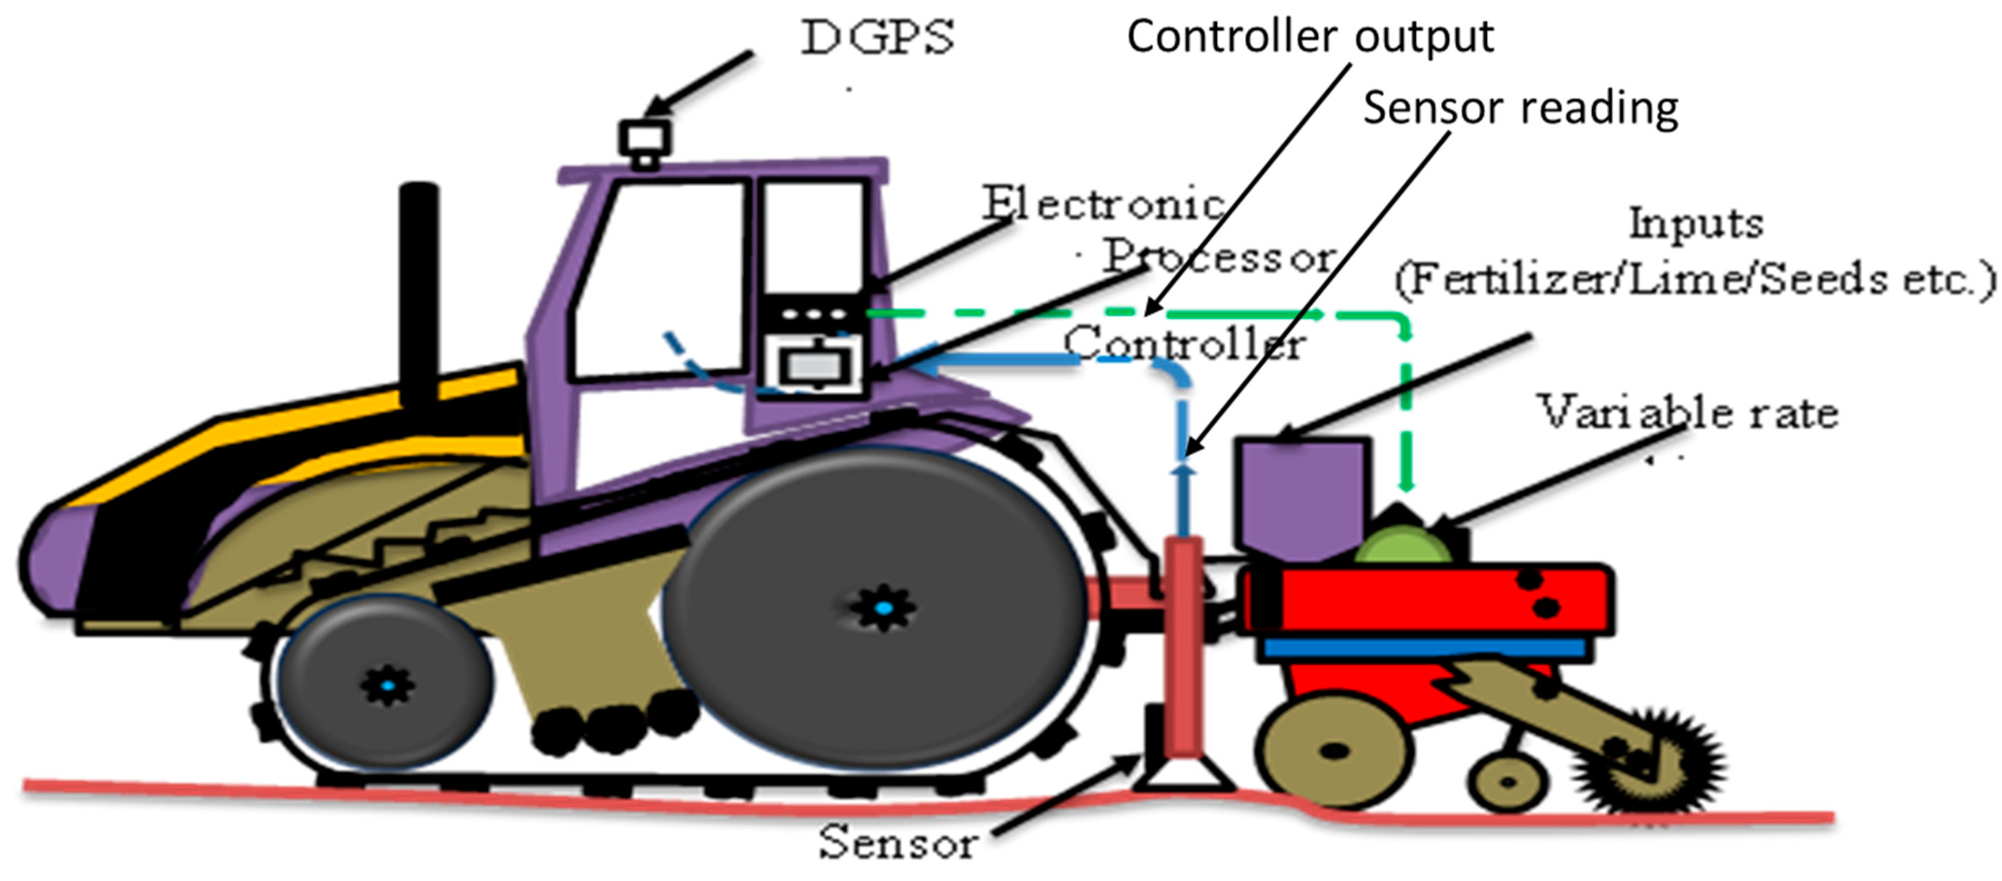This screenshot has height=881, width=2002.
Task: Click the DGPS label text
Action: click(x=878, y=37)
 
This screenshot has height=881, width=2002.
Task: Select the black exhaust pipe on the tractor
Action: click(x=419, y=295)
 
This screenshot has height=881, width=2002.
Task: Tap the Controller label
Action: click(x=1184, y=343)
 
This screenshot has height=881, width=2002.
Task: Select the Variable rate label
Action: click(x=1688, y=412)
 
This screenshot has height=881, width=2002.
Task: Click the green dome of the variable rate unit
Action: click(x=1403, y=545)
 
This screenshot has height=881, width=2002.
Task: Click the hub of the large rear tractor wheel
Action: click(x=883, y=607)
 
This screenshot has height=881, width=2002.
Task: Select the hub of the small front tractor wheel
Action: click(x=387, y=685)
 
